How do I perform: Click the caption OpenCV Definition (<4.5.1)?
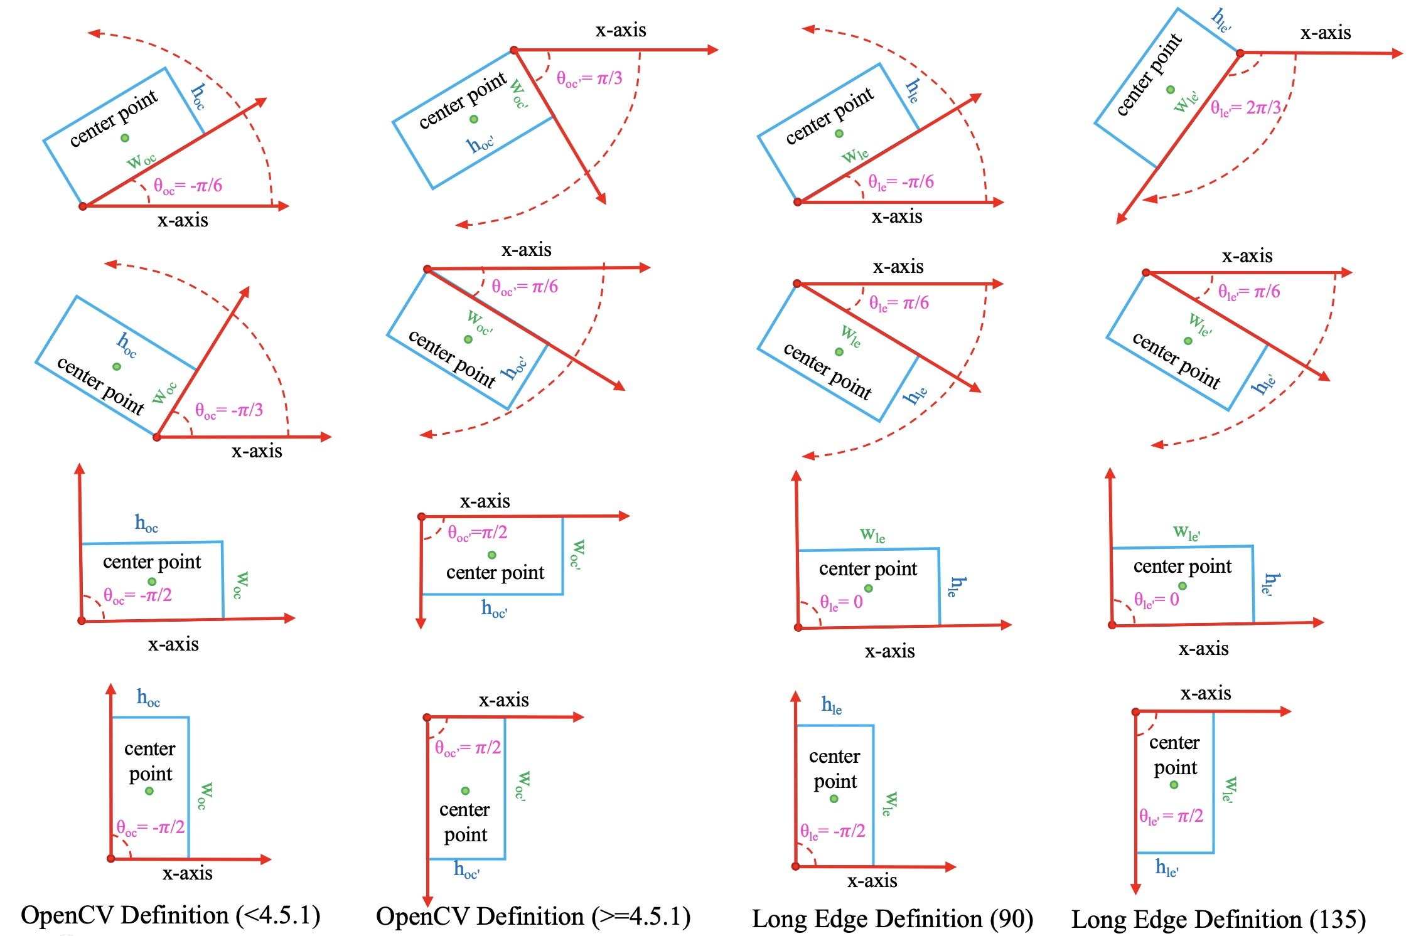[171, 916]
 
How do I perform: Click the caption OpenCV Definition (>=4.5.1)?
[533, 917]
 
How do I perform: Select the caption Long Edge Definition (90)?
[892, 919]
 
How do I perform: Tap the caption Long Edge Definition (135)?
[1218, 920]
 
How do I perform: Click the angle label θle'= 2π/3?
[1245, 108]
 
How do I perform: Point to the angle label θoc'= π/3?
[589, 79]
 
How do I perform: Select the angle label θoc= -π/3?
[228, 411]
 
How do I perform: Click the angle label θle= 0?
[841, 602]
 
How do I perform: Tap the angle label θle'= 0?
[1156, 600]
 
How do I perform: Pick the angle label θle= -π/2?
[832, 832]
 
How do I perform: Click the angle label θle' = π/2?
[1171, 816]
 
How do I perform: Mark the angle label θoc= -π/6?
[188, 186]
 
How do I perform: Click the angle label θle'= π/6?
[1248, 292]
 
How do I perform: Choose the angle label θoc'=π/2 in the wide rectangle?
[477, 533]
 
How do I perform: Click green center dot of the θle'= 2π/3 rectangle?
[1170, 90]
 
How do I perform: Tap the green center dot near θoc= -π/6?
[125, 138]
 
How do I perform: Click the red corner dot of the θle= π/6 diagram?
[797, 284]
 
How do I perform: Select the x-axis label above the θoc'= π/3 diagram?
[620, 30]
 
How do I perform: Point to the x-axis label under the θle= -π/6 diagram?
[896, 217]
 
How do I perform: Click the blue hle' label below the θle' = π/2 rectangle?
[1166, 868]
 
